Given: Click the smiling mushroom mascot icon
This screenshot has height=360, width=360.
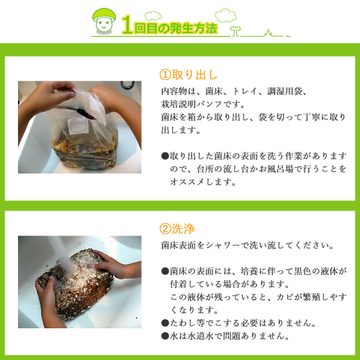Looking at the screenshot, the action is click(104, 22).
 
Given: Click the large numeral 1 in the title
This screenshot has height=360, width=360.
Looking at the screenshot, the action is click(127, 24).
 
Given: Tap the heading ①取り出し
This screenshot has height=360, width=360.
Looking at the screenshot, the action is click(189, 75).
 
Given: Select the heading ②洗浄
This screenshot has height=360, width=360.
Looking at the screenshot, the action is click(177, 229).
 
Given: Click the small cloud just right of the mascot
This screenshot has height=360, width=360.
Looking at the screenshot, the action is click(153, 16).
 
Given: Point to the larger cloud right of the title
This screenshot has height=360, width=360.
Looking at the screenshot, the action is click(225, 16).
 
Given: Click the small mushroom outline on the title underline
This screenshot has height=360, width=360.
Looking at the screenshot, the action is click(235, 32).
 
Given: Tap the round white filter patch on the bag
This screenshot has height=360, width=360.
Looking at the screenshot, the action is click(78, 125).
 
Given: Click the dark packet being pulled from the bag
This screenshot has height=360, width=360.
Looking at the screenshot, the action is click(87, 113).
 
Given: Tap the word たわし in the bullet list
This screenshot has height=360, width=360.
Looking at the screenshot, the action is click(183, 323).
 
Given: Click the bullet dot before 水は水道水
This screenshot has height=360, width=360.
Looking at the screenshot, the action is click(165, 336).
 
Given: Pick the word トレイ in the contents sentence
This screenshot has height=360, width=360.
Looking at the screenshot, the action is click(245, 91).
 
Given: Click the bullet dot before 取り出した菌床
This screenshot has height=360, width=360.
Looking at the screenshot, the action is click(165, 156).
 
